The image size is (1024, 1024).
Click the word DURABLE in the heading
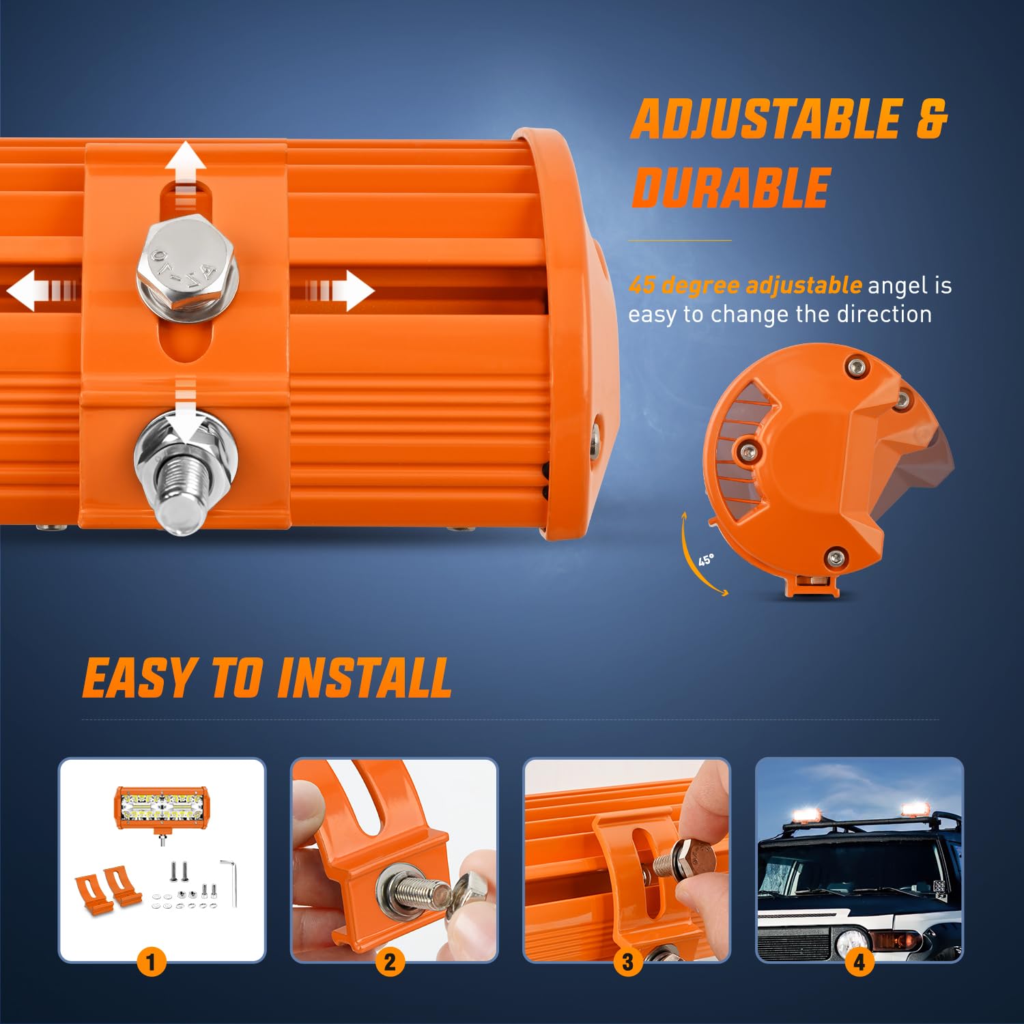coord(730,188)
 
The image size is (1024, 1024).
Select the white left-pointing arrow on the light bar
coord(42,291)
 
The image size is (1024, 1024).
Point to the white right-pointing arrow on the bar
coord(338,291)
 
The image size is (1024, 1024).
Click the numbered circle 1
coord(152,963)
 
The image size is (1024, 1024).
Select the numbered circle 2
coord(390,963)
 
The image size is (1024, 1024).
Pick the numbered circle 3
coord(627,963)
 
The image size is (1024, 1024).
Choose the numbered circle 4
coord(859,963)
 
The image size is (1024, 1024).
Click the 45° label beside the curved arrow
coord(706,560)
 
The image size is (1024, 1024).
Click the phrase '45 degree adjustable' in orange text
coord(745,285)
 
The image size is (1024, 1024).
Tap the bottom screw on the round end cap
coord(834,557)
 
